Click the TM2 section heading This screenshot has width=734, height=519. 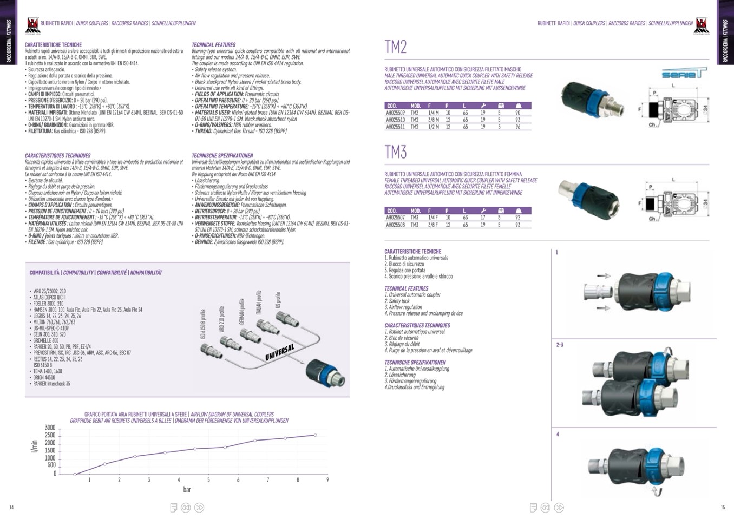(x=395, y=47)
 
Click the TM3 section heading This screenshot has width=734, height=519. (x=395, y=152)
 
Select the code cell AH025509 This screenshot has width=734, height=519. (x=395, y=113)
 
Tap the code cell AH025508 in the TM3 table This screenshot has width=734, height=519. (x=395, y=225)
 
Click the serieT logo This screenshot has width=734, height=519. (x=684, y=74)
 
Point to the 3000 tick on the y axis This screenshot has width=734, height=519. (x=50, y=428)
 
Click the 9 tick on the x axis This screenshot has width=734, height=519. (x=327, y=480)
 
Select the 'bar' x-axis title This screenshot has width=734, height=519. (x=187, y=490)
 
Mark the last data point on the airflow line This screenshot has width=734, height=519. (x=315, y=435)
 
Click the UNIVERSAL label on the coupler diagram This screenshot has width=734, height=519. (x=279, y=352)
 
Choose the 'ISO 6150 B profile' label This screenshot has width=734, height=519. (x=203, y=324)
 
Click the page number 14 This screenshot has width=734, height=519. (x=11, y=507)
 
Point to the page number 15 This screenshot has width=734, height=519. (x=723, y=507)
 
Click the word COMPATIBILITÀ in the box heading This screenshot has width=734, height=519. (x=44, y=273)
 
